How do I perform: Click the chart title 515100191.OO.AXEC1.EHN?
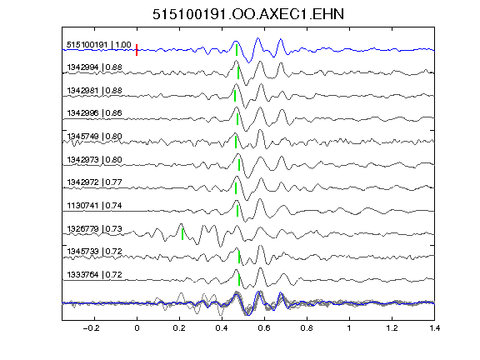click(x=248, y=14)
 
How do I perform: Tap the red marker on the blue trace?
click(x=137, y=50)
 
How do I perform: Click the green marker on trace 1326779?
click(x=182, y=234)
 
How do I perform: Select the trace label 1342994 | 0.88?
click(x=95, y=67)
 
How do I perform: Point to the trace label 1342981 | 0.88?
click(x=95, y=91)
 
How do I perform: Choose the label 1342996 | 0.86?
click(x=95, y=113)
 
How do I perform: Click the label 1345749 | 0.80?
click(x=95, y=136)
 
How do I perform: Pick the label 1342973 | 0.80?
click(x=95, y=160)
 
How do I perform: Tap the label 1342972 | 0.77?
click(x=95, y=182)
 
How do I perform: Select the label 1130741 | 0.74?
click(x=95, y=205)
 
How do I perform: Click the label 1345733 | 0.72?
click(x=95, y=252)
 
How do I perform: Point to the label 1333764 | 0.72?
click(x=95, y=275)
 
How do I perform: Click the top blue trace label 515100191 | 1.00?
click(x=99, y=45)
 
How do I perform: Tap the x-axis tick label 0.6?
click(x=264, y=328)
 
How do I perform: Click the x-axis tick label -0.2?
click(x=91, y=328)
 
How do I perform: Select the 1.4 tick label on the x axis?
click(x=435, y=328)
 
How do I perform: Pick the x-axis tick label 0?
click(x=137, y=328)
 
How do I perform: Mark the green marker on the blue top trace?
click(x=237, y=50)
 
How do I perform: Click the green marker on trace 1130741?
click(x=237, y=211)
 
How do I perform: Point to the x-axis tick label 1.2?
click(x=392, y=328)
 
